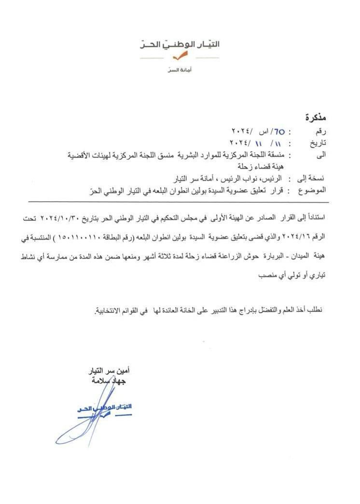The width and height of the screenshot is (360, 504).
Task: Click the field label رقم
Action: [x=320, y=131]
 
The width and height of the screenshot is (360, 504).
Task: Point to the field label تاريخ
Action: [x=318, y=143]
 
